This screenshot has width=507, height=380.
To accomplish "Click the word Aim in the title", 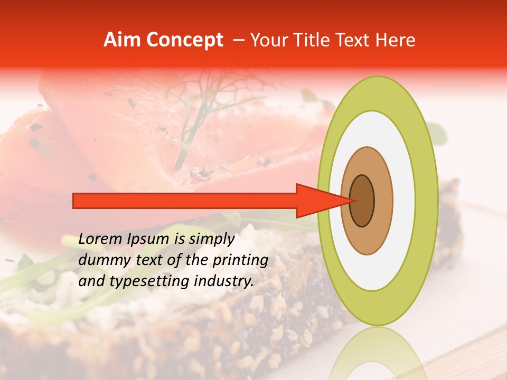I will [x=121, y=40].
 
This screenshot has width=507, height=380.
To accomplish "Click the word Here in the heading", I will [x=396, y=40].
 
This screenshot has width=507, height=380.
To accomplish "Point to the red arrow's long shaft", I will [x=185, y=201].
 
